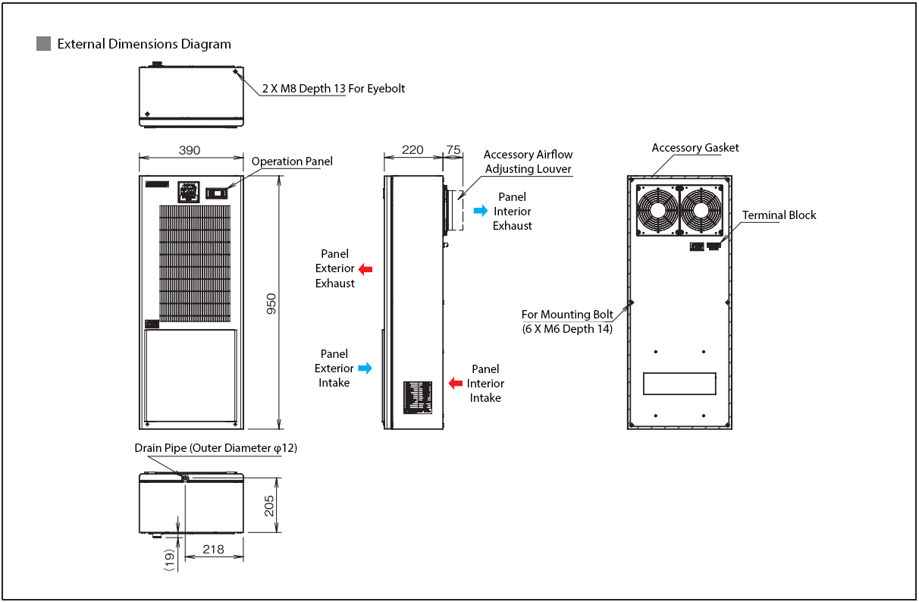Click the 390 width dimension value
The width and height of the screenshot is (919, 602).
pos(190,150)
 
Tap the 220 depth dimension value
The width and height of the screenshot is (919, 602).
pos(412,149)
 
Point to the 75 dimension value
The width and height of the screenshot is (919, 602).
pos(453,149)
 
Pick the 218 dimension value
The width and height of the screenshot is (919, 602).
pos(214,549)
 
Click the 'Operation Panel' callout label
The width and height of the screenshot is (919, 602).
pos(292,161)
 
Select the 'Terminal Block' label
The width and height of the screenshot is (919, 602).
pos(779,215)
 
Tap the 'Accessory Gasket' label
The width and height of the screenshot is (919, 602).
pos(695,148)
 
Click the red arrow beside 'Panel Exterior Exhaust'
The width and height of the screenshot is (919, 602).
pos(365,268)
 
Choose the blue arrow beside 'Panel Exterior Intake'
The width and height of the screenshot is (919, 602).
pos(365,368)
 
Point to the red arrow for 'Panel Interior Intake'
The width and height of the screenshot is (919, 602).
pos(456,383)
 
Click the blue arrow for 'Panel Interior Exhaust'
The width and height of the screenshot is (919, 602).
pos(481,211)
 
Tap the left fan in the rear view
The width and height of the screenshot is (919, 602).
pos(657,210)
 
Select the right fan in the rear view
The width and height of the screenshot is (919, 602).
pos(701,210)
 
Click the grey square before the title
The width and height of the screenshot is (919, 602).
pos(43,43)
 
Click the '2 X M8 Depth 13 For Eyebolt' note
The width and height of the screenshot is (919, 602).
pos(334,89)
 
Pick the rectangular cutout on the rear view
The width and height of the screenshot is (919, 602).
pos(679,384)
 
